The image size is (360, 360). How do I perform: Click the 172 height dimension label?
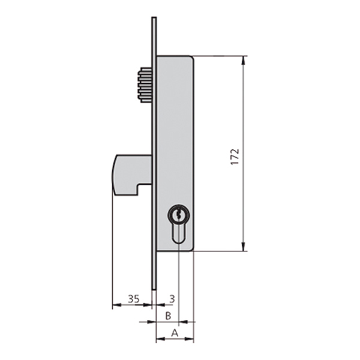pyautogui.click(x=235, y=157)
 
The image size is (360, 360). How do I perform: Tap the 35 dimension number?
pyautogui.click(x=134, y=299)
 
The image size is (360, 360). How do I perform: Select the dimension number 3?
pyautogui.click(x=172, y=299)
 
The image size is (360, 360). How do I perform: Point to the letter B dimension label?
pyautogui.click(x=168, y=316)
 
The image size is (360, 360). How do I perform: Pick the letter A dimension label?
pyautogui.click(x=175, y=332)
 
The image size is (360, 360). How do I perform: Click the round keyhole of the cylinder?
pyautogui.click(x=179, y=215)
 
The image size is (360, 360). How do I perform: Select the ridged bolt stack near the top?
pyautogui.click(x=145, y=85)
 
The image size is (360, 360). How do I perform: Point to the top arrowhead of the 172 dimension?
pyautogui.click(x=244, y=60)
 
